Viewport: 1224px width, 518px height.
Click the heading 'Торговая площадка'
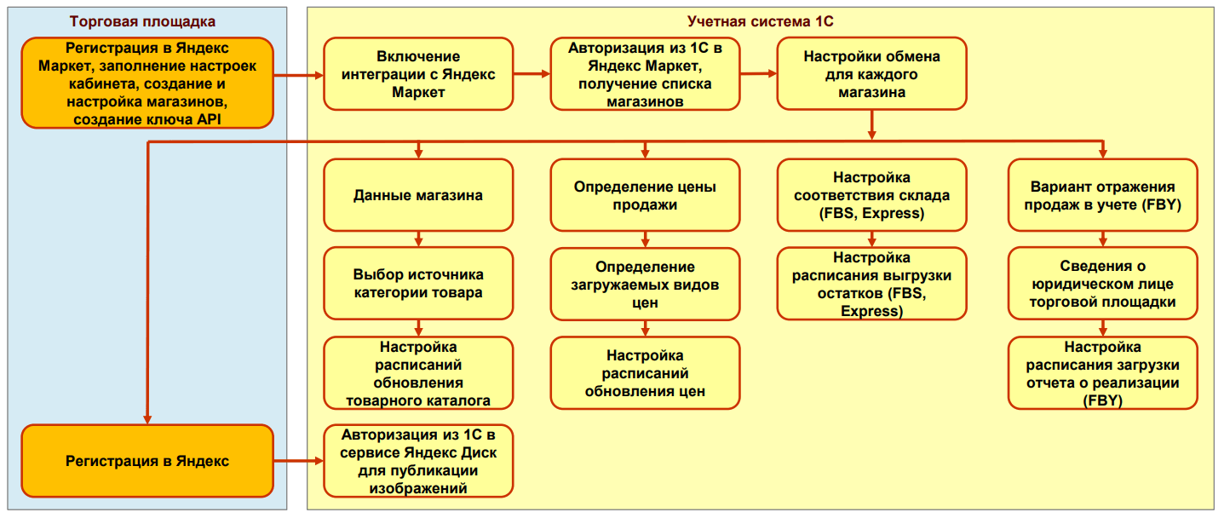point(142,21)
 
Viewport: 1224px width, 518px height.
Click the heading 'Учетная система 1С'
point(760,21)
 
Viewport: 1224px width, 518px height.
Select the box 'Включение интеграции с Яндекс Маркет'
point(418,74)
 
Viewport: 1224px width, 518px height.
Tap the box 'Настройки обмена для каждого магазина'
point(871,74)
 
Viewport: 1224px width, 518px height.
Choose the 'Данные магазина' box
point(418,195)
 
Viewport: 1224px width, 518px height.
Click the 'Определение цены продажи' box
point(645,195)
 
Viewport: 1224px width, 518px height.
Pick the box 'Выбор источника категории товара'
point(418,284)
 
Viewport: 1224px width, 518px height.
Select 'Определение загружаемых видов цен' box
point(645,284)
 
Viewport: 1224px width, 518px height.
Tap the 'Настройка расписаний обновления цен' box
point(645,373)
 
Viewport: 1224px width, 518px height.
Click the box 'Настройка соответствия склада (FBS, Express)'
point(871,195)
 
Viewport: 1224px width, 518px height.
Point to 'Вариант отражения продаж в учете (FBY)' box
point(1102,195)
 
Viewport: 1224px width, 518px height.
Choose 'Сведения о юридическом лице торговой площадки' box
point(1102,284)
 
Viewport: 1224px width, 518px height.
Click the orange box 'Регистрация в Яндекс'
point(147,461)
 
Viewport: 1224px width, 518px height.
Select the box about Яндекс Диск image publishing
point(418,461)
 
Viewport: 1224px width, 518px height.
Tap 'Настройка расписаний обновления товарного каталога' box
point(418,373)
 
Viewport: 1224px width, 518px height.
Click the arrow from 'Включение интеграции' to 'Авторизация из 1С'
point(532,74)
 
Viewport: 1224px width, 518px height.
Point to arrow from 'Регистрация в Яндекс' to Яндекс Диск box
point(298,461)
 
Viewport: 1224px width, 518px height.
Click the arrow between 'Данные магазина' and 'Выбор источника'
point(418,239)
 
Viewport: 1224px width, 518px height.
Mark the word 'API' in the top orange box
point(209,119)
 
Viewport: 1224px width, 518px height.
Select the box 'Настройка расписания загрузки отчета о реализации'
point(1102,373)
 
